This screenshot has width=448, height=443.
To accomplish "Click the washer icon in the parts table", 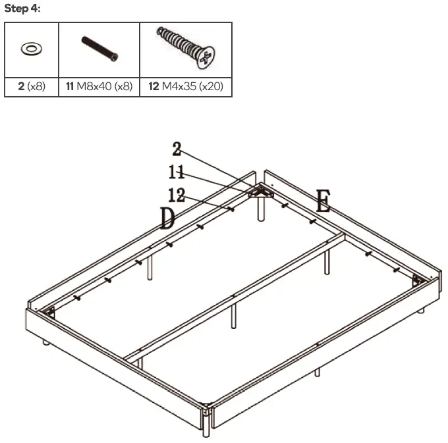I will (31, 49).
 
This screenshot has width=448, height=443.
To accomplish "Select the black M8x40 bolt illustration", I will (99, 49).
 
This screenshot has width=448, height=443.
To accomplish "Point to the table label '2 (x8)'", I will (31, 86).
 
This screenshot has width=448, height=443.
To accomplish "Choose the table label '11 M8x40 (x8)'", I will (99, 86).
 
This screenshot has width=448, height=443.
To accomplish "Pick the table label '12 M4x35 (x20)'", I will (186, 86).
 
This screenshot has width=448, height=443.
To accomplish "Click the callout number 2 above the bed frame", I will (177, 149).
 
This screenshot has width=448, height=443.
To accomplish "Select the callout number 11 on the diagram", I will (176, 172).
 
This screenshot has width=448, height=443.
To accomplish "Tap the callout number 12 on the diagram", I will (177, 195).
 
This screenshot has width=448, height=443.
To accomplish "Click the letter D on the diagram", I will (167, 218).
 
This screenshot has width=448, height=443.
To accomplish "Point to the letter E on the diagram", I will (323, 201).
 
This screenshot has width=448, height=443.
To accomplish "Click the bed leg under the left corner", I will (45, 342).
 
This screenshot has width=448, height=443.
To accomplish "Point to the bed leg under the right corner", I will (421, 309).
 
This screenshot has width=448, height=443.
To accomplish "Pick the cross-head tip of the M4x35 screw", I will (207, 58).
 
